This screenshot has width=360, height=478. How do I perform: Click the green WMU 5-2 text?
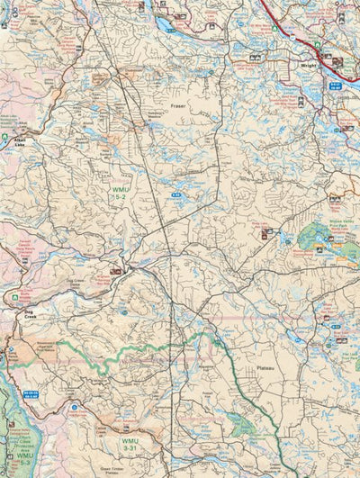(120, 194)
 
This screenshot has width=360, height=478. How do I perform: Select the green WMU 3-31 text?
(130, 443)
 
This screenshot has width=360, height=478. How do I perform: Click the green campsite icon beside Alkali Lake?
(5, 139)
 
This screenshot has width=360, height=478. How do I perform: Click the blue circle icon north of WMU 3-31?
(74, 408)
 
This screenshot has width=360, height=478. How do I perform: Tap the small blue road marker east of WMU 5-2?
(178, 194)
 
